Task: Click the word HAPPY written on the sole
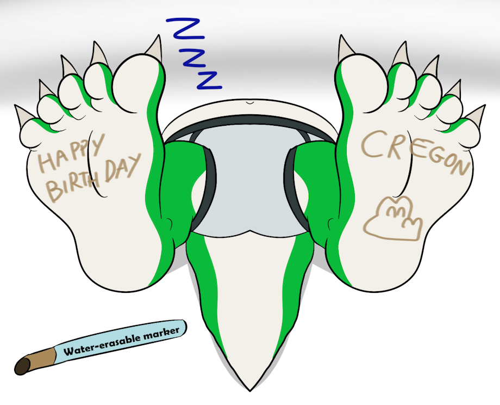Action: (71, 152)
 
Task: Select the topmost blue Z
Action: (185, 29)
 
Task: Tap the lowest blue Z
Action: (209, 80)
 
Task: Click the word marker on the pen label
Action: (161, 333)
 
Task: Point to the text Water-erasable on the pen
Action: (103, 345)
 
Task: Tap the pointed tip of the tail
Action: (249, 390)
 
